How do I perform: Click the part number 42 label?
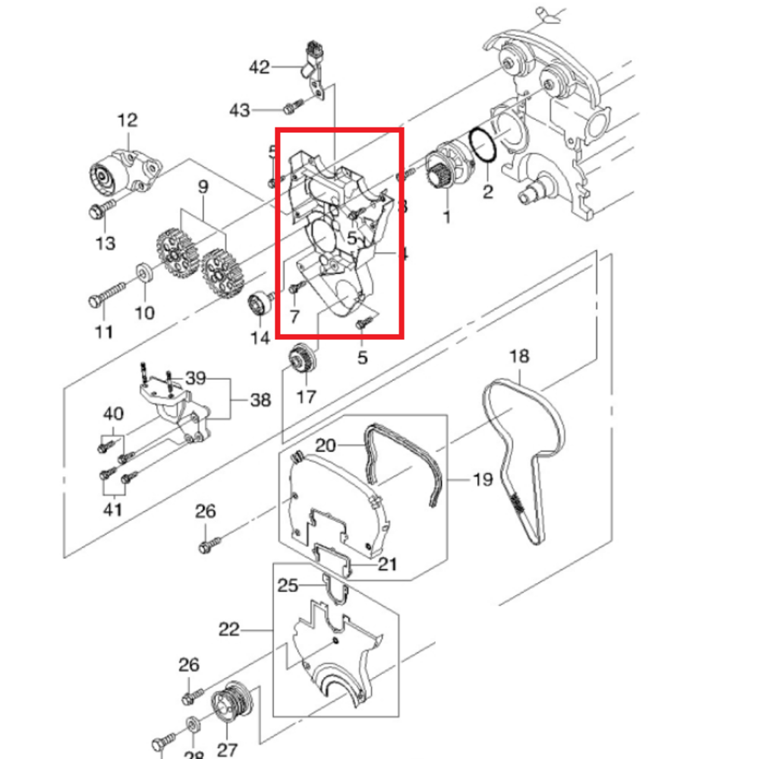(259, 68)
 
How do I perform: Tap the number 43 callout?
(239, 110)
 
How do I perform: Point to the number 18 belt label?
(519, 356)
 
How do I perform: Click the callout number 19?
(483, 480)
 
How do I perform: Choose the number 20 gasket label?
(326, 446)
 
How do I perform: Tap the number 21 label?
(388, 564)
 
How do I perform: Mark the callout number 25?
(288, 585)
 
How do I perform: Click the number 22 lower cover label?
(229, 629)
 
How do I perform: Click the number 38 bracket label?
(260, 399)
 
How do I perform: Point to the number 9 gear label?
(203, 186)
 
